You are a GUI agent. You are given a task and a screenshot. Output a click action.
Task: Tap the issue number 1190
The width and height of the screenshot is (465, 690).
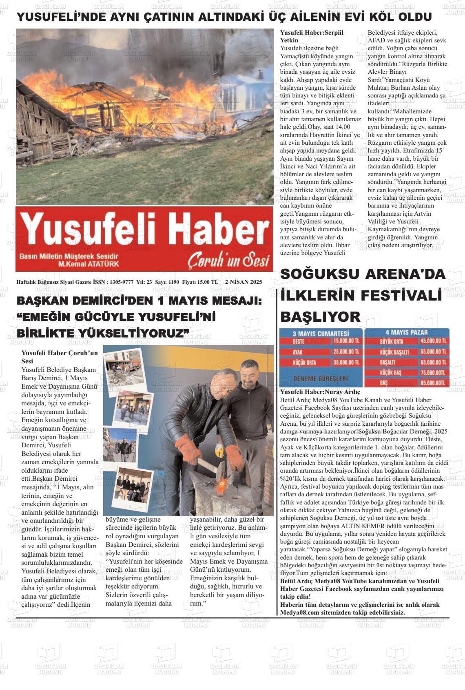(x=173, y=282)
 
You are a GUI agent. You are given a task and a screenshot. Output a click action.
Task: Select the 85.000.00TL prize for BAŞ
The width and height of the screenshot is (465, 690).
(x=433, y=383)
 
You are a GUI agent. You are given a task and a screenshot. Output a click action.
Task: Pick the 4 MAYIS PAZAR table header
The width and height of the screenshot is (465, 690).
(x=406, y=332)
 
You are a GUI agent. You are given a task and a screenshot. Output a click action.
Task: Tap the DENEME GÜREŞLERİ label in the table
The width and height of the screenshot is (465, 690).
(x=321, y=378)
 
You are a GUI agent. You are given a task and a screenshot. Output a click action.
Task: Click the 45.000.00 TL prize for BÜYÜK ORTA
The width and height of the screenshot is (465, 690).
(x=433, y=341)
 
